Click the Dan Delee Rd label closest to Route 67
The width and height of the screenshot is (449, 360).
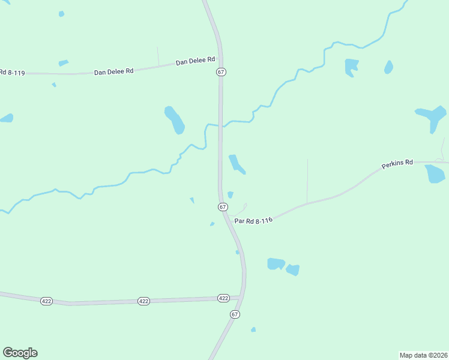pyautogui.click(x=195, y=61)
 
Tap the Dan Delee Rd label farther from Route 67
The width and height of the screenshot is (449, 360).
pyautogui.click(x=113, y=71)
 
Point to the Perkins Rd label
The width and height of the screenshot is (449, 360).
pyautogui.click(x=397, y=163)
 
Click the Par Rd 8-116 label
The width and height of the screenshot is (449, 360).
pyautogui.click(x=253, y=220)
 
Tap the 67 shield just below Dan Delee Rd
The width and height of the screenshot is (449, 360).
pyautogui.click(x=221, y=71)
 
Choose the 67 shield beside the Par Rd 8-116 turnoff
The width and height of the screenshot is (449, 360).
pyautogui.click(x=223, y=206)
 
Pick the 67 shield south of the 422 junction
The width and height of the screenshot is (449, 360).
pyautogui.click(x=235, y=314)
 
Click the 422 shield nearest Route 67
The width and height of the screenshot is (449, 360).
pyautogui.click(x=223, y=298)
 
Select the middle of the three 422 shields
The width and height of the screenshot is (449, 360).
pyautogui.click(x=143, y=301)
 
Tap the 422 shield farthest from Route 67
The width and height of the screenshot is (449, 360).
pyautogui.click(x=47, y=301)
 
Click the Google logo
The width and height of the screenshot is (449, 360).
pyautogui.click(x=20, y=353)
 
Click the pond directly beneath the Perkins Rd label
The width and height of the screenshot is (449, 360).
pyautogui.click(x=434, y=173)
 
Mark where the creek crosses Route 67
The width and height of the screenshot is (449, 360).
pyautogui.click(x=220, y=125)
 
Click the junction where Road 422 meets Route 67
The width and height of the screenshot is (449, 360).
pyautogui.click(x=241, y=297)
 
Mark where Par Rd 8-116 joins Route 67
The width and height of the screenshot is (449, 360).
pyautogui.click(x=229, y=216)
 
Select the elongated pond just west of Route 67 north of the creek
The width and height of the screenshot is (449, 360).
pyautogui.click(x=175, y=119)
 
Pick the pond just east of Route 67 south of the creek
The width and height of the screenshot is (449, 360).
pyautogui.click(x=236, y=164)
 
